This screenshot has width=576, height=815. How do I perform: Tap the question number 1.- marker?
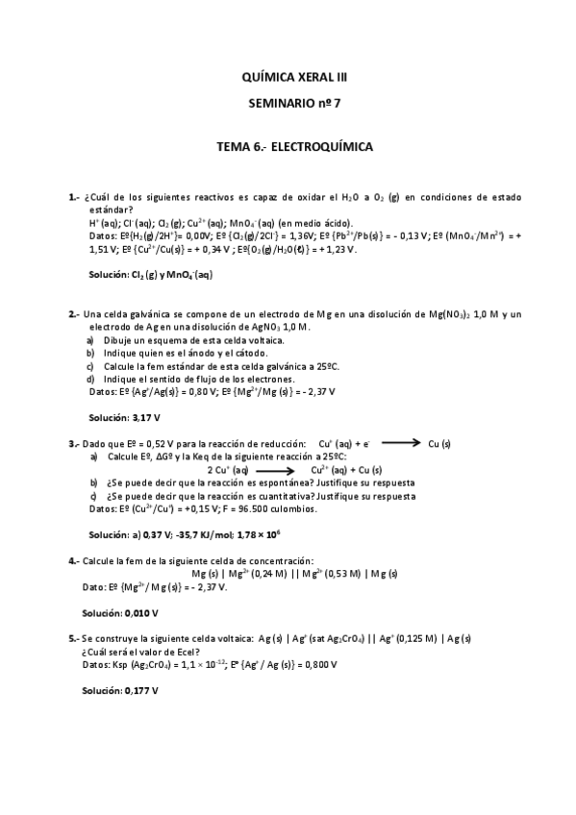pyautogui.click(x=74, y=197)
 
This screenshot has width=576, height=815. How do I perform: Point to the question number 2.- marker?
pyautogui.click(x=74, y=314)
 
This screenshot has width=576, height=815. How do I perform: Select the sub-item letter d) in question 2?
pyautogui.click(x=90, y=379)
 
